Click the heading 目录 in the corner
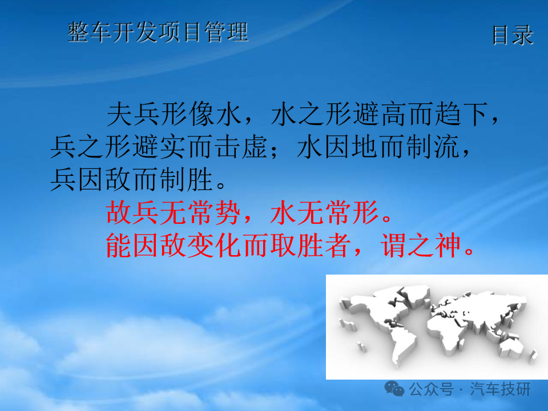click(x=513, y=35)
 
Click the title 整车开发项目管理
click(x=158, y=32)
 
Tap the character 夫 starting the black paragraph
click(x=119, y=114)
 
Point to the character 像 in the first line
click(x=202, y=114)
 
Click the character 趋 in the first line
click(x=448, y=114)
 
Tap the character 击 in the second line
click(x=228, y=147)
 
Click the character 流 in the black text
click(x=447, y=147)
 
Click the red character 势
click(x=228, y=212)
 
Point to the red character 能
click(x=119, y=245)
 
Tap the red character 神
click(x=448, y=245)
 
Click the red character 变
click(x=201, y=245)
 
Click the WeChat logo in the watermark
click(x=394, y=389)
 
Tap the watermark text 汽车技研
click(x=501, y=389)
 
